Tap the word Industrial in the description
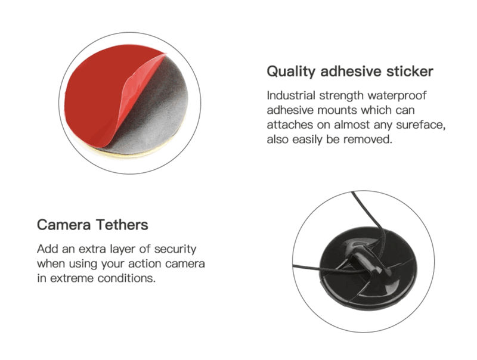click(291, 95)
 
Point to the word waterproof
click(397, 96)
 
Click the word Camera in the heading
click(64, 225)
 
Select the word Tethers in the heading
click(122, 225)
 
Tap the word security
click(175, 250)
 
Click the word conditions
click(126, 278)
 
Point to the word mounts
click(337, 111)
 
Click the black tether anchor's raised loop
click(364, 259)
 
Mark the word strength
click(341, 96)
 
